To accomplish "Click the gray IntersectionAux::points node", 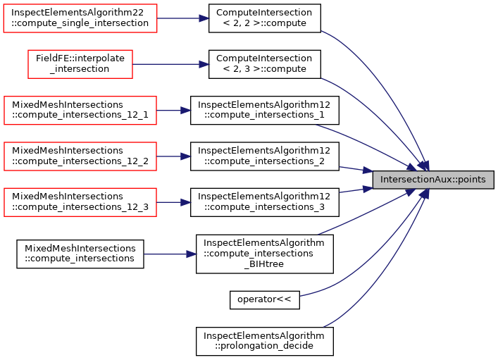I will [x=432, y=180].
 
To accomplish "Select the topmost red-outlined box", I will [x=80, y=18].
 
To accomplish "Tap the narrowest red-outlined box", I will [x=80, y=64].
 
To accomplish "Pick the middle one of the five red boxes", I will [x=80, y=111].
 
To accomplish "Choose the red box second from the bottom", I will [x=80, y=156].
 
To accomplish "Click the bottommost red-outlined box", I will [x=80, y=202].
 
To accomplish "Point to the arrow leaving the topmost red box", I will [x=183, y=18].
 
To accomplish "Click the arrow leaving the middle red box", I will [x=174, y=111].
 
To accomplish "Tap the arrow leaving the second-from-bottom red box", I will [x=174, y=156].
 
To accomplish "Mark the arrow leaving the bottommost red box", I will [x=174, y=202].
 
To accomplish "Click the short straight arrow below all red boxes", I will [x=170, y=254].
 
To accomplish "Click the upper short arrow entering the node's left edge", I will [x=356, y=169].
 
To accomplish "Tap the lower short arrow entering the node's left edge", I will [x=356, y=190].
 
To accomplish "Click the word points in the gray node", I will [x=471, y=180].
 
